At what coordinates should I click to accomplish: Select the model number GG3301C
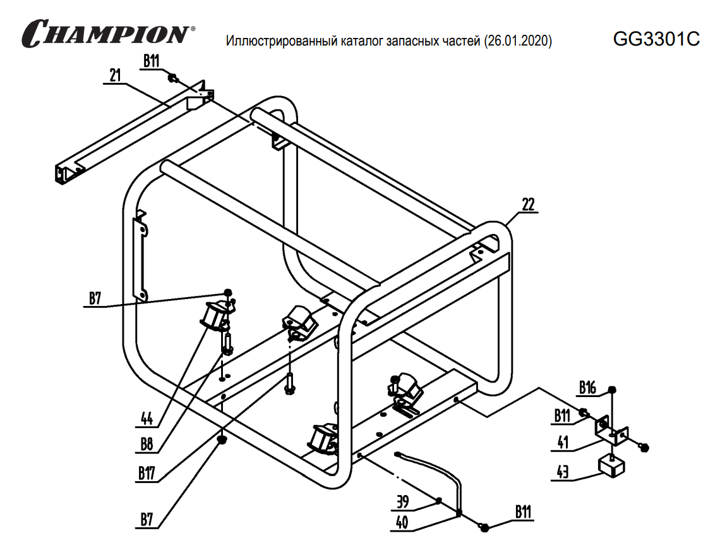click(x=656, y=39)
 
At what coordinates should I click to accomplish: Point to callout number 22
click(x=528, y=204)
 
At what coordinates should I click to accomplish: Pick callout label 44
click(x=148, y=417)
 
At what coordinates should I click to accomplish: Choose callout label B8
click(x=147, y=445)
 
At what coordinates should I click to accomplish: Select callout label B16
click(x=587, y=386)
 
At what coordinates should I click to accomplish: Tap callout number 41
click(x=562, y=443)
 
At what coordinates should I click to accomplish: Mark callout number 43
click(x=562, y=471)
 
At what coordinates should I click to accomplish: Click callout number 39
click(x=403, y=503)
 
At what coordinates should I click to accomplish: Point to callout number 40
click(x=403, y=522)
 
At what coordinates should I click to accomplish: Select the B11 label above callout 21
click(x=151, y=61)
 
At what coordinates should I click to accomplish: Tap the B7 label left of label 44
click(x=95, y=298)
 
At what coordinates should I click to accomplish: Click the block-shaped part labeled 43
click(x=611, y=466)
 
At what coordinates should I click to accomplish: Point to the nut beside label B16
click(x=611, y=389)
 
